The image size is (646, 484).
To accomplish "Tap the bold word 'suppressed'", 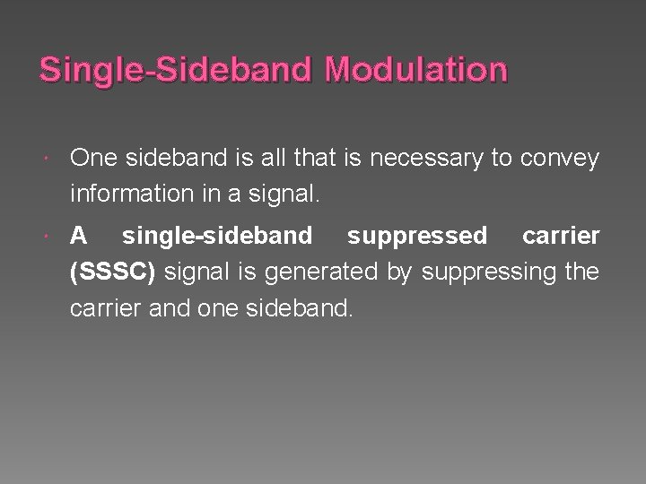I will coord(417,236).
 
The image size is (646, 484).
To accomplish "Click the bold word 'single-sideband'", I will coord(217,236).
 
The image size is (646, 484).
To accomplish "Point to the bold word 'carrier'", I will coord(561,236).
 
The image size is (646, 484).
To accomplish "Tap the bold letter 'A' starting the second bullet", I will coord(79,236).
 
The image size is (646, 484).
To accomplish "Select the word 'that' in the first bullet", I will coord(297,159).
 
